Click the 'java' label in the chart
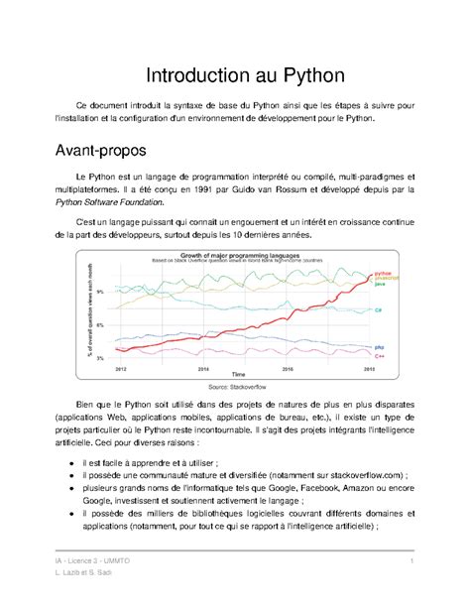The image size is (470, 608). (x=379, y=284)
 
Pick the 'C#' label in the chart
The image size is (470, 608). (x=379, y=310)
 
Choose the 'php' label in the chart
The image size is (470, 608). (x=379, y=346)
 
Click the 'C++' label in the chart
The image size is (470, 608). (x=379, y=354)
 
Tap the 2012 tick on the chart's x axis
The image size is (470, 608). (x=120, y=367)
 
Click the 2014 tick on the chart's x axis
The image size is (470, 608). (x=204, y=367)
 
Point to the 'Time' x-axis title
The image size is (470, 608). (x=238, y=374)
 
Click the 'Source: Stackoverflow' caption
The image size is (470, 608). (x=235, y=388)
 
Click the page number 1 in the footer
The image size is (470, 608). (x=409, y=562)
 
